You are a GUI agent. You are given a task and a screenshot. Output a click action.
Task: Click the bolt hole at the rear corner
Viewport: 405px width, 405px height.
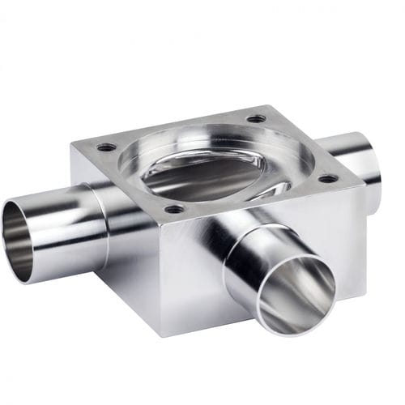pos(256,118)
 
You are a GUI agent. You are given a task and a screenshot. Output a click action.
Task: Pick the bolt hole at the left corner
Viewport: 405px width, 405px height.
pos(106,147)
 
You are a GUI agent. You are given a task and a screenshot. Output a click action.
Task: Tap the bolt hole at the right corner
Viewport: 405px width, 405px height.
pos(327,177)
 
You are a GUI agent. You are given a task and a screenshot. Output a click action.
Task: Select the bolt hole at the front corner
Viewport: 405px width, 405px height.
pos(174,209)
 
